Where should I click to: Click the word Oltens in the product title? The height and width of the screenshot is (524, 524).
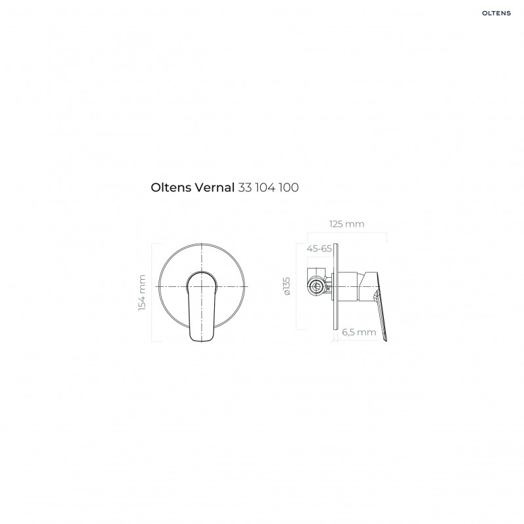click(x=172, y=187)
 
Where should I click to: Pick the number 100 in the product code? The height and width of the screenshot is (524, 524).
click(x=288, y=187)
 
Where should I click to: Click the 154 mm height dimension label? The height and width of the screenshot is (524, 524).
click(x=143, y=293)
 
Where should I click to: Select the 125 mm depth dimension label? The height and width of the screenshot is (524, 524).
click(x=346, y=224)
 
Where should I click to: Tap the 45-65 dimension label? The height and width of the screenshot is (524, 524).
click(x=319, y=248)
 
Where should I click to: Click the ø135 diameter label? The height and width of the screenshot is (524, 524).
click(x=286, y=288)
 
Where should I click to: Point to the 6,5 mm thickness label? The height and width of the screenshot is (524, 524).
click(x=360, y=332)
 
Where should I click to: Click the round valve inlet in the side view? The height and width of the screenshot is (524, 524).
click(x=316, y=286)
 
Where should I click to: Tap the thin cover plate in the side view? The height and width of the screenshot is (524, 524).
click(x=337, y=288)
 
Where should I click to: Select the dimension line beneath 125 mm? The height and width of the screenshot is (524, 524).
click(x=346, y=233)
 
